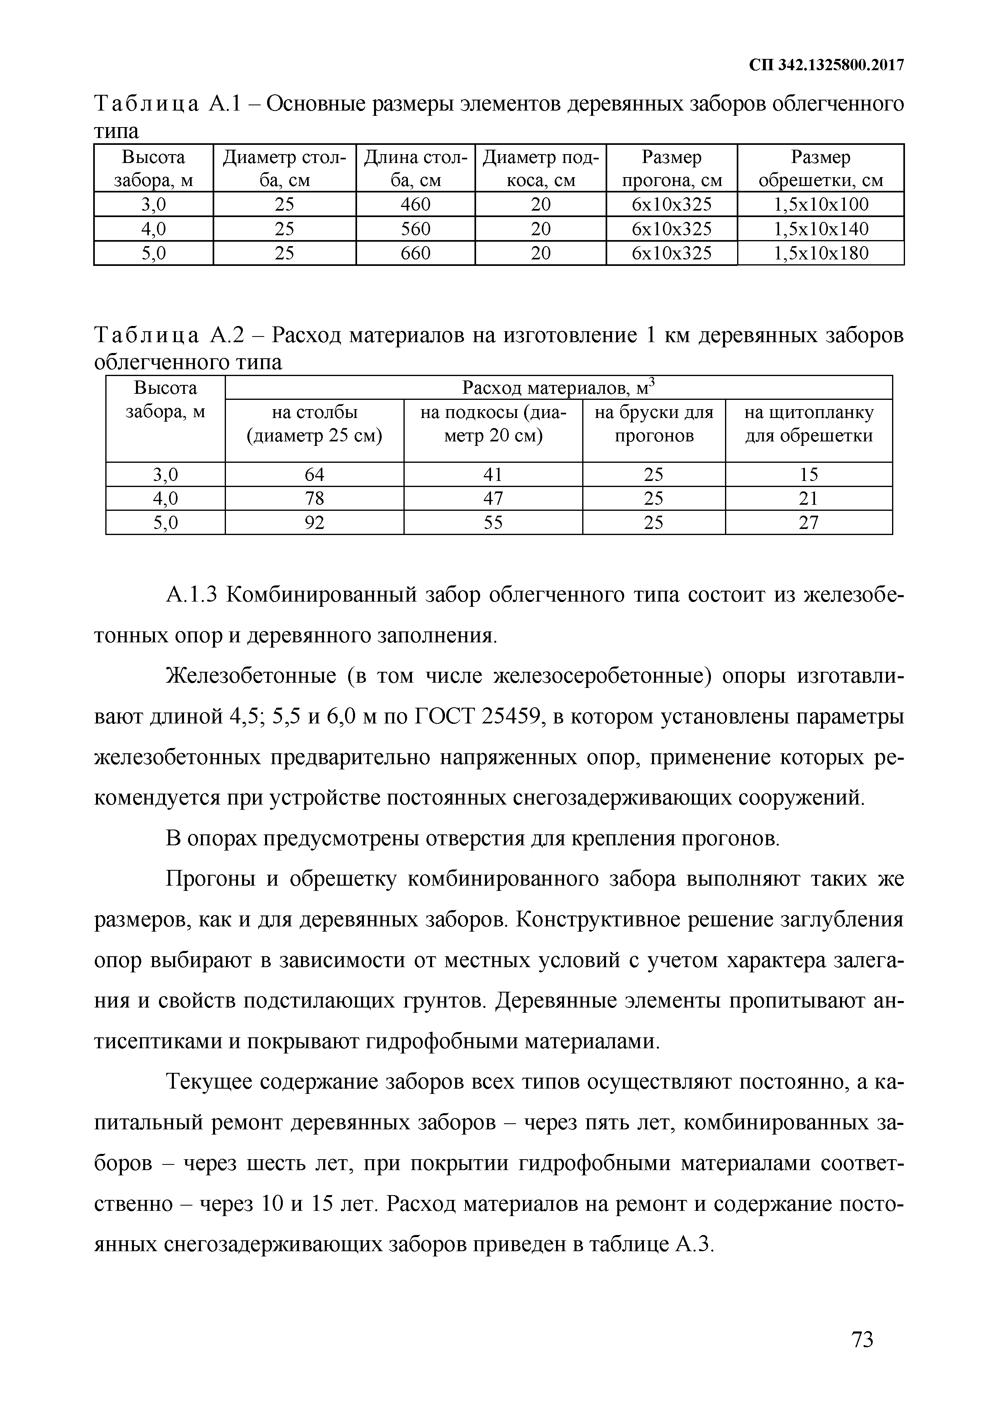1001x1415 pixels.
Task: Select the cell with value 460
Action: (x=416, y=205)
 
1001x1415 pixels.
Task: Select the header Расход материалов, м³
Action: (x=558, y=388)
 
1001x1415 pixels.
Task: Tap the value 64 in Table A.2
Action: (x=314, y=474)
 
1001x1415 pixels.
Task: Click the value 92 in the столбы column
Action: (x=314, y=523)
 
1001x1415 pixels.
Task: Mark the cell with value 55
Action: (x=493, y=523)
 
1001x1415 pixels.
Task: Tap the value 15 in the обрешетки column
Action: (x=808, y=474)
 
